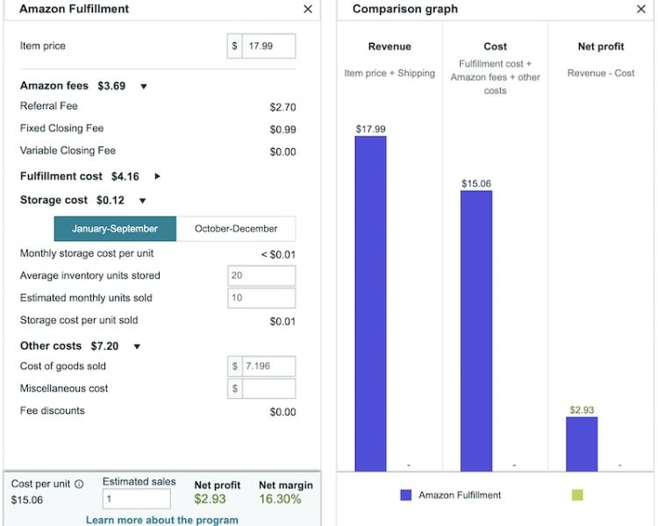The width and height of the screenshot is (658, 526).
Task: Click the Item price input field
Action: tap(268, 46)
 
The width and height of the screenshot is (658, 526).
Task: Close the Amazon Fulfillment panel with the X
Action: tap(307, 9)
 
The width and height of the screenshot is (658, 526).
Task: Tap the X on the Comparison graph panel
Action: tap(640, 9)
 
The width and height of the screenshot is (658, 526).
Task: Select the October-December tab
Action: tap(236, 229)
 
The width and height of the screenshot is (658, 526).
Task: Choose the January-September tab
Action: tap(115, 229)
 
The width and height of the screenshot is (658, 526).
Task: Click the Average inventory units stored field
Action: tap(261, 276)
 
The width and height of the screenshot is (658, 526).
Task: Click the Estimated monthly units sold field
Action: tap(261, 298)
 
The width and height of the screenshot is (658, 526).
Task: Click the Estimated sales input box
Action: tap(136, 499)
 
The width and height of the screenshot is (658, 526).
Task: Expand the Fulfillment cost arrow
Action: tap(158, 176)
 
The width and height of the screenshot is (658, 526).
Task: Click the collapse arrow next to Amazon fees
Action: tap(144, 87)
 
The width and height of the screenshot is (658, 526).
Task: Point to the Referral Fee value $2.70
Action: tap(283, 108)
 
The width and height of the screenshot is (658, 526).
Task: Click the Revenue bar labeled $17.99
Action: tap(370, 303)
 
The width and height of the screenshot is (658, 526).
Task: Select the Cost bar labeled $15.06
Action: tap(476, 331)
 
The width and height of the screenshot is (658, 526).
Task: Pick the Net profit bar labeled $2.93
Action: tap(582, 444)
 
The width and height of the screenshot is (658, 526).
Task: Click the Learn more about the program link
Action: tap(161, 520)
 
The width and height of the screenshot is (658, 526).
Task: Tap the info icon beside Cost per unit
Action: tap(79, 484)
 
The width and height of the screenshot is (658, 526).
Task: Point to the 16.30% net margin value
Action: tap(280, 500)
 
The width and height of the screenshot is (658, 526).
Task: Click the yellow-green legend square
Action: tap(576, 495)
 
